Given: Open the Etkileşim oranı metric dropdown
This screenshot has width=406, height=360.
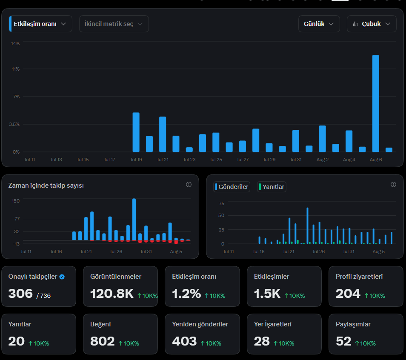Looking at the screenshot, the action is click(40, 24).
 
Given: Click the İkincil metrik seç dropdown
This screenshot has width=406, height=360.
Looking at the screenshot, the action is click(114, 24).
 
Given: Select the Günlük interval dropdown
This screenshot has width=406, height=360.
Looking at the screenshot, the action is click(319, 24).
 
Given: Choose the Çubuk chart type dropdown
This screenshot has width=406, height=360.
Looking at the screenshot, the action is click(372, 24).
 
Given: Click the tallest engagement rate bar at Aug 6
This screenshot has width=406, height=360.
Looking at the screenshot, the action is click(375, 103).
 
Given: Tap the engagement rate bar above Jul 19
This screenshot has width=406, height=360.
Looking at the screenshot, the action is click(136, 132).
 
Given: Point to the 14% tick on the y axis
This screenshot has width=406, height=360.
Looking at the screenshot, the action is click(15, 43).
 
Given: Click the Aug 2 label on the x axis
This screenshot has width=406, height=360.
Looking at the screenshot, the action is click(322, 160).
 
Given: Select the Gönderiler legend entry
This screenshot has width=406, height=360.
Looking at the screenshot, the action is click(232, 187).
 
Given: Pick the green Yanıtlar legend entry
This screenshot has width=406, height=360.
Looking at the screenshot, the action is click(272, 187).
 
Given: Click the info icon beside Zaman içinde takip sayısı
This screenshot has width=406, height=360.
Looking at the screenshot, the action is click(189, 184).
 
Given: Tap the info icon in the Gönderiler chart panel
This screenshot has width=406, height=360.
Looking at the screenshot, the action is click(393, 184).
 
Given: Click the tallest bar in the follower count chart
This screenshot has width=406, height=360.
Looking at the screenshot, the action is click(134, 220).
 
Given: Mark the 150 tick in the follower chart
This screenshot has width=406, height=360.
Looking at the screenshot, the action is click(16, 201).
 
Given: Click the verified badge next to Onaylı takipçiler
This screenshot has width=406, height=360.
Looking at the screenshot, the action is click(62, 277).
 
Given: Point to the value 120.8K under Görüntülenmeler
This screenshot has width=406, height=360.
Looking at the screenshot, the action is click(112, 294).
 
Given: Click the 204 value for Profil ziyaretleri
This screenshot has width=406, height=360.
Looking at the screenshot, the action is click(348, 294).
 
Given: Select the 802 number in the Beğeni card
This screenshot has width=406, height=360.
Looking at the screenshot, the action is click(102, 341).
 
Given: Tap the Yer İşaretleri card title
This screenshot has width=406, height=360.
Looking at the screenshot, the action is click(273, 324).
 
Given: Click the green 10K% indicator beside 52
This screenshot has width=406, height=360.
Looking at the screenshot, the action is click(365, 343).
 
